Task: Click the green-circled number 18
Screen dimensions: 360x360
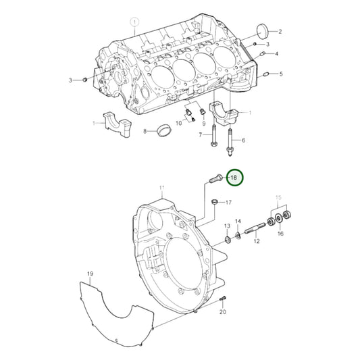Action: click(234, 178)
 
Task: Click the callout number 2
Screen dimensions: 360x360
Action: click(280, 32)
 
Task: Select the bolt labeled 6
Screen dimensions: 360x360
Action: click(232, 143)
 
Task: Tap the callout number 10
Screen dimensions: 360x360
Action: click(179, 123)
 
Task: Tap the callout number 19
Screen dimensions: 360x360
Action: click(89, 274)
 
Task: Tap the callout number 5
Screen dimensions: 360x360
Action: click(281, 74)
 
